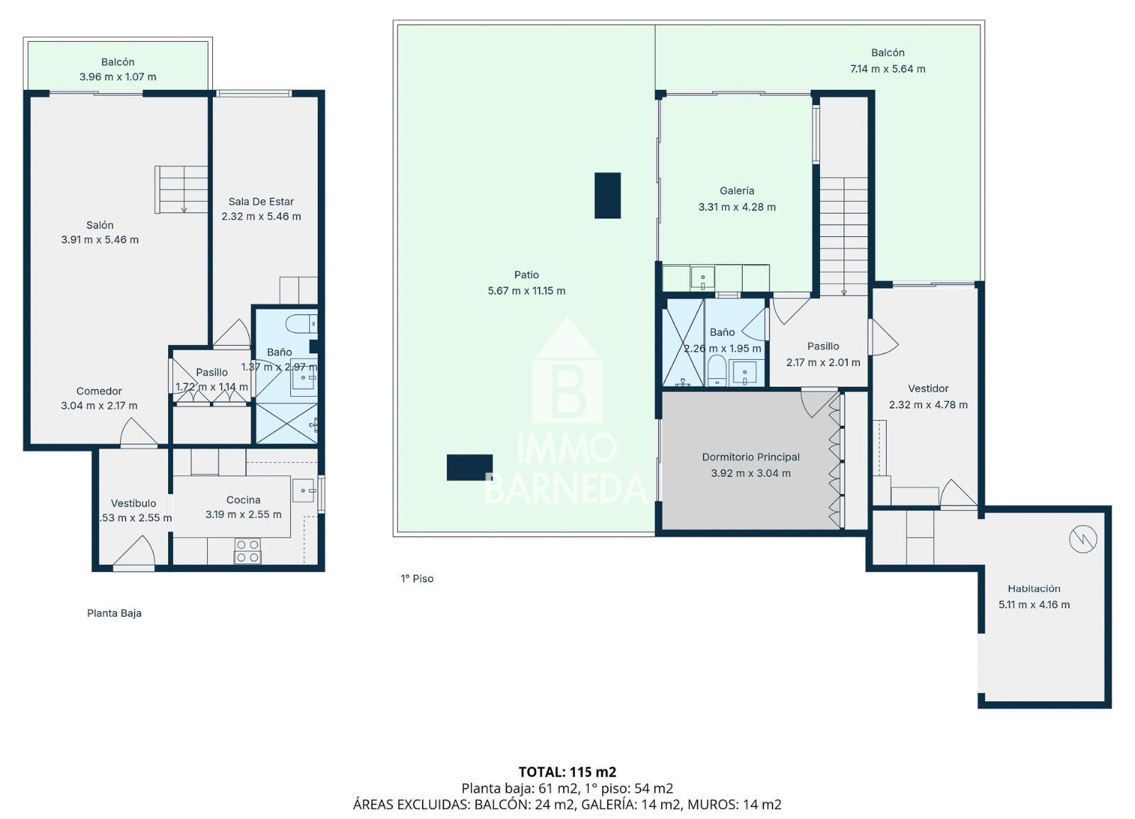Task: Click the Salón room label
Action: [100, 225]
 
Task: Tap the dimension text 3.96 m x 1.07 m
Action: [118, 77]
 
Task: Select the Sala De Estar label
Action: [261, 202]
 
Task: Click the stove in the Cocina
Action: [248, 551]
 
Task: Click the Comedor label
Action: [99, 391]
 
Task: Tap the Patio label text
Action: [526, 275]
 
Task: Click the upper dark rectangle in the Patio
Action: [607, 195]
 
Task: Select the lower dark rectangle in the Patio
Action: [469, 467]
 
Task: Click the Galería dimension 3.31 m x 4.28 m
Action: [737, 207]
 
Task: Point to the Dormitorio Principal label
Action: [751, 457]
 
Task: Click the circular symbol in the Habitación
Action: [1083, 540]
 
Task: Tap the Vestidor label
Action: [928, 388]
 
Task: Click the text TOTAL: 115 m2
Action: [567, 771]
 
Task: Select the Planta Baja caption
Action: [114, 613]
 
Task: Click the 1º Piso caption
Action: [417, 578]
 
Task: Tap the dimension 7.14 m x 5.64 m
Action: [887, 69]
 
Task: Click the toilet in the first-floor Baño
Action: [716, 370]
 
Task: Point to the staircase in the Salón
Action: [182, 189]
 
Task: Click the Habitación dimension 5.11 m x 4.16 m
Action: [1034, 605]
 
